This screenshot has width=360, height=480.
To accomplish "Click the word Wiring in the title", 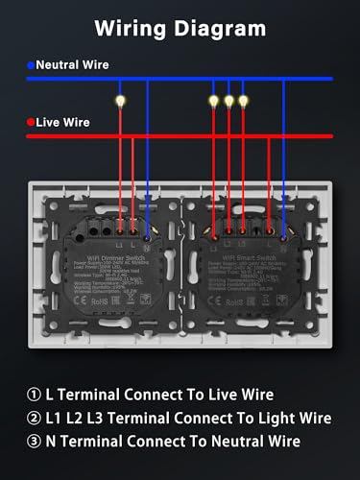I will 131,29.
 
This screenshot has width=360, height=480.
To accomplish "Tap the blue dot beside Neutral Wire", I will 32,65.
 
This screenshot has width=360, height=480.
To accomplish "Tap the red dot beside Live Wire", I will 32,122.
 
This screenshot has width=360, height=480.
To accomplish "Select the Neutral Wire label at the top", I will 73,65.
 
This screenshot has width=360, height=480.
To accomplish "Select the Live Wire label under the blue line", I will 65,122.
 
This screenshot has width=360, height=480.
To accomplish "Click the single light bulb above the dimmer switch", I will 120,99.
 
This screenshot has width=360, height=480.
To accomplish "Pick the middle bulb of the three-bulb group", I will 228,99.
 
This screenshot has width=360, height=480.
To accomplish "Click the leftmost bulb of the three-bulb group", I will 214,99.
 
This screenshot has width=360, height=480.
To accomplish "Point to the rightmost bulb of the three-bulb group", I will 243,99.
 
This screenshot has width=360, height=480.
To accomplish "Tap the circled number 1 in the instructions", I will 36,395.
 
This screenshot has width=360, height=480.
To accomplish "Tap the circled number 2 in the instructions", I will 36,419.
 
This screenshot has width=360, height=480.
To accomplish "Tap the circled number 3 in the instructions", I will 36,443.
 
